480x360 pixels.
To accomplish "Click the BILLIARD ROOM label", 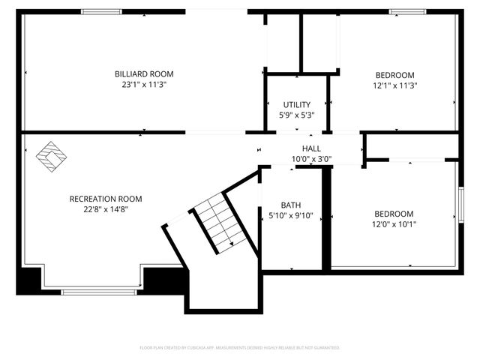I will (143, 73).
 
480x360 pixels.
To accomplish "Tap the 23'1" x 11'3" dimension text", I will (143, 85).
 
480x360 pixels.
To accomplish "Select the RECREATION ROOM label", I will (105, 199).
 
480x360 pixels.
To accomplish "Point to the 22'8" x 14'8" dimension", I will (105, 209).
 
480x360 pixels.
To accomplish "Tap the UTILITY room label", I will (297, 104).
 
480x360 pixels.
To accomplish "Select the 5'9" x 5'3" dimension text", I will (297, 115).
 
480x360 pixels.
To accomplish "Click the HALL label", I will (311, 148).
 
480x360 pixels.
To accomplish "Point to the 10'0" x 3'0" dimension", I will (311, 159).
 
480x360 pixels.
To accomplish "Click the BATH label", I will (290, 205).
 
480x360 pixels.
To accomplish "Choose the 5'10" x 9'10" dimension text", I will (290, 216).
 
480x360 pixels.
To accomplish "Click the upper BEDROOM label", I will (394, 74).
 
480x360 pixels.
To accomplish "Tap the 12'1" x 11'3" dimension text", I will (394, 85).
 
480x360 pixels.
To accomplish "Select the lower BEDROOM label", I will (394, 213).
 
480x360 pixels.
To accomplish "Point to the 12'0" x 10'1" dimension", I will (394, 223).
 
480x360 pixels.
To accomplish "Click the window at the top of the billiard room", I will (102, 11).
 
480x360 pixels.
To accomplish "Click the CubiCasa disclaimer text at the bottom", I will (240, 348).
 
